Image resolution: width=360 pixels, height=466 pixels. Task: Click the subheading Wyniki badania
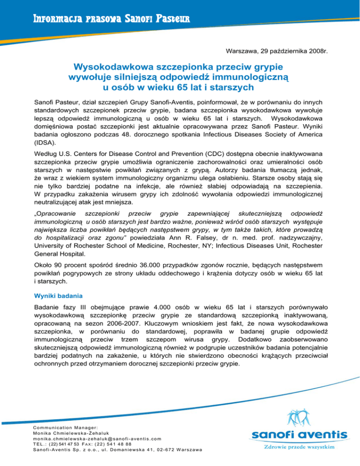click(57, 297)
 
